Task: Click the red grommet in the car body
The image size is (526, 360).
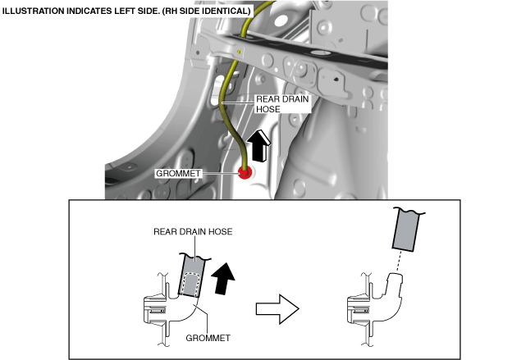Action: point(244,171)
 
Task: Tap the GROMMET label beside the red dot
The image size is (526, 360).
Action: point(179,173)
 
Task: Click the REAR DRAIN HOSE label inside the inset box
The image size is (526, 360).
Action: point(193,232)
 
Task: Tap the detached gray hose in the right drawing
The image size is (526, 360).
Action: point(407,229)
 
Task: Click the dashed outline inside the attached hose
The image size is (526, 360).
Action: point(190,283)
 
